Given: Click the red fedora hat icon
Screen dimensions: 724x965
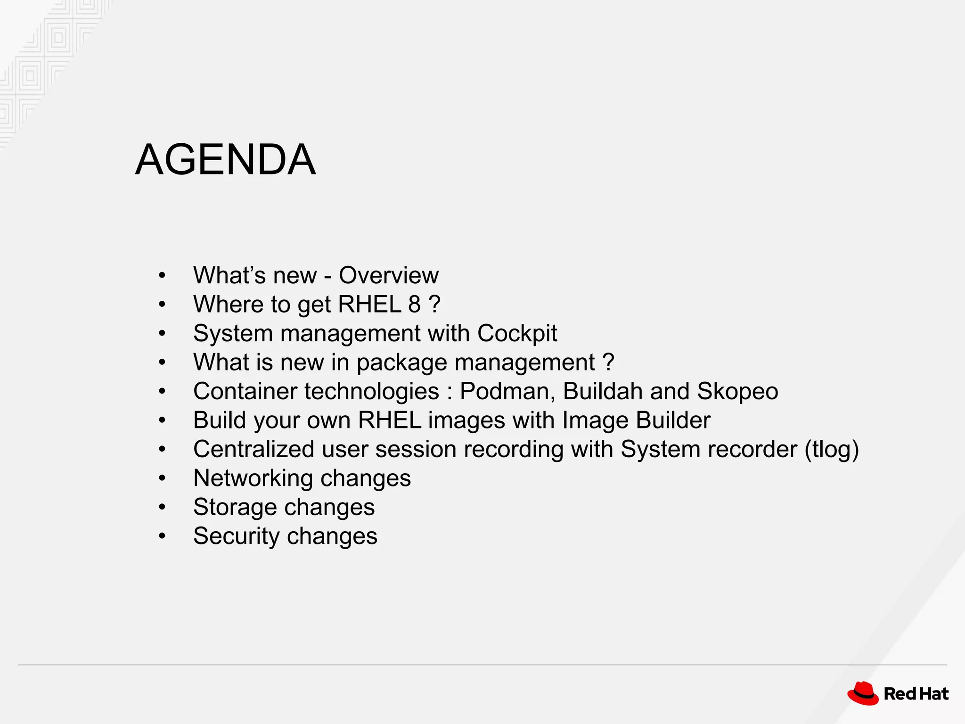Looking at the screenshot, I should pyautogui.click(x=863, y=694).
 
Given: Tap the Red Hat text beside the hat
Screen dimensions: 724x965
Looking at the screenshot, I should pyautogui.click(x=916, y=694).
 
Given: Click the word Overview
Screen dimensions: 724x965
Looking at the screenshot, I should pyautogui.click(x=389, y=275).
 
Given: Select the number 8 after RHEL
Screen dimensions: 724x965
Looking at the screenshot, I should pyautogui.click(x=414, y=304).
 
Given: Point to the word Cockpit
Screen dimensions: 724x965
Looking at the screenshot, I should pyautogui.click(x=517, y=334).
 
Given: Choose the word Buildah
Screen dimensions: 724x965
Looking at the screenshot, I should pyautogui.click(x=603, y=391).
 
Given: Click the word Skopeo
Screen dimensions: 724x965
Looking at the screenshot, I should pyautogui.click(x=737, y=391).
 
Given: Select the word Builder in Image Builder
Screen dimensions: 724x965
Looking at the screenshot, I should pyautogui.click(x=673, y=420).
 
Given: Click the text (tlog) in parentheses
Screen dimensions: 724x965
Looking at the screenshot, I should pyautogui.click(x=832, y=449).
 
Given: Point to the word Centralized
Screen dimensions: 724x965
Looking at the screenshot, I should pyautogui.click(x=254, y=449).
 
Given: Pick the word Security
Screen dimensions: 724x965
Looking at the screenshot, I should pyautogui.click(x=236, y=536).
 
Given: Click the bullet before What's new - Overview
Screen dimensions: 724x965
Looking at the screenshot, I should pyautogui.click(x=162, y=275).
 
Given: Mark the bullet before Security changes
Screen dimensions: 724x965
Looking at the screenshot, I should pyautogui.click(x=162, y=536).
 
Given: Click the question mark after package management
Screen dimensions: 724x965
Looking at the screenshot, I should pyautogui.click(x=608, y=362).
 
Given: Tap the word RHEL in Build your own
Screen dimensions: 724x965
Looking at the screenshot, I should pyautogui.click(x=389, y=420).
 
